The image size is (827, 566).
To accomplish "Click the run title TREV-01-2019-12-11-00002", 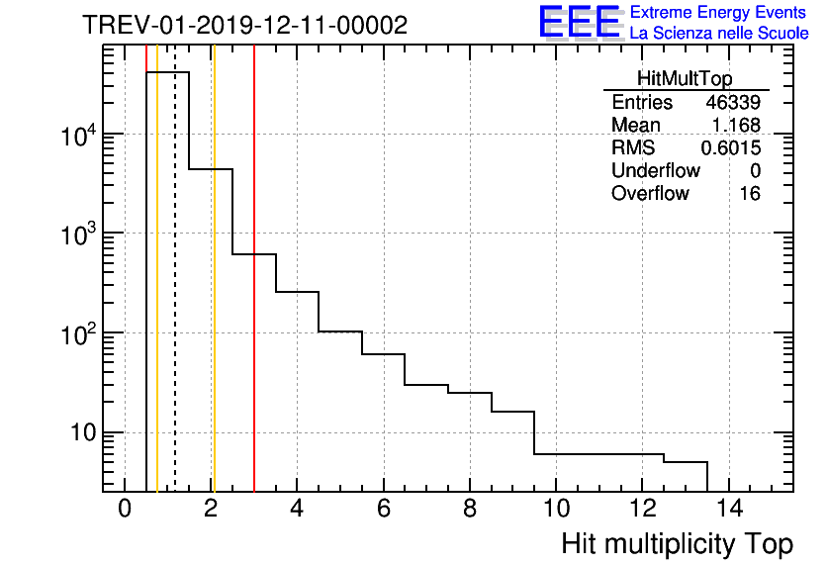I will (x=243, y=26).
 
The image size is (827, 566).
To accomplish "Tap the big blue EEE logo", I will (x=579, y=22).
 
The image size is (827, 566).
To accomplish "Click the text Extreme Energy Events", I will (x=719, y=13).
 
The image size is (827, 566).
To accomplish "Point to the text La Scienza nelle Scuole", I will (x=719, y=34).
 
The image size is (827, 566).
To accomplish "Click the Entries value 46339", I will (x=732, y=103).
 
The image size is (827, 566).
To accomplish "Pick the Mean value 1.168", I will (x=736, y=126).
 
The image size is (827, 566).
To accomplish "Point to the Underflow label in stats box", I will (x=655, y=171).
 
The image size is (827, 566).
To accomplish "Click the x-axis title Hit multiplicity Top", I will (x=677, y=544).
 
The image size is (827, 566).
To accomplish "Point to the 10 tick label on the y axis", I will (x=79, y=433).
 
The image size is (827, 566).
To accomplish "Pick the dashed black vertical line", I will (x=175, y=297).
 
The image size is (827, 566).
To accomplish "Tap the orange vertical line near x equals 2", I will (x=213, y=297).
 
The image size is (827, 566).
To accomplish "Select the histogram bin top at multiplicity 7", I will (x=426, y=384).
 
